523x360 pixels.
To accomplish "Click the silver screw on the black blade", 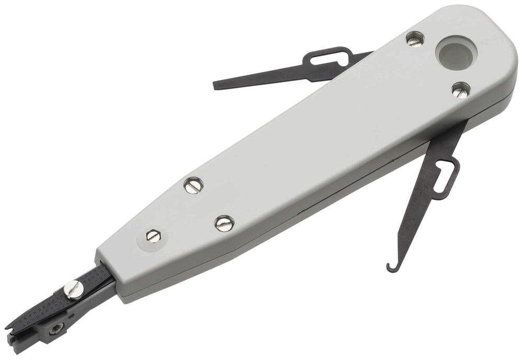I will pyautogui.click(x=73, y=287).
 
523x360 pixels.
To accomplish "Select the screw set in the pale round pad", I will pyautogui.click(x=152, y=236).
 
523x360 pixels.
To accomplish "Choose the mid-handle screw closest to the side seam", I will pyautogui.click(x=224, y=223).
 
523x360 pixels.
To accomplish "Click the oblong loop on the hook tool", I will pyautogui.click(x=445, y=176).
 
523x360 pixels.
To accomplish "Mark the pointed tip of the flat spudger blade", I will pyautogui.click(x=216, y=85).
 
